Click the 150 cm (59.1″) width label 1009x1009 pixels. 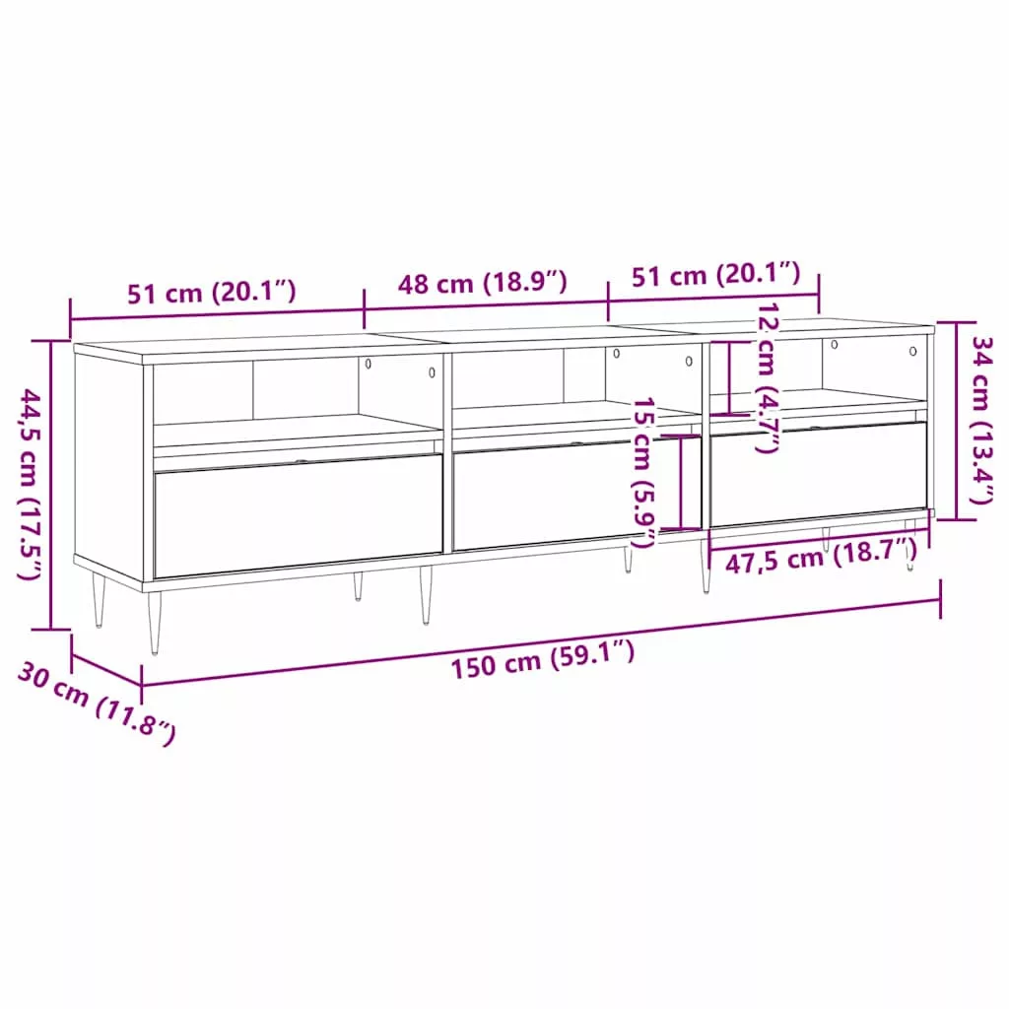543,659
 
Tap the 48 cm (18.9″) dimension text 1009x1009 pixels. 482,283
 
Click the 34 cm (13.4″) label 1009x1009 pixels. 982,420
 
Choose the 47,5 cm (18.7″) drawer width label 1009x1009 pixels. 821,557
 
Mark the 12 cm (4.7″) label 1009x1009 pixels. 767,377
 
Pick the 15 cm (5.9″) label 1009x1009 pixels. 643,472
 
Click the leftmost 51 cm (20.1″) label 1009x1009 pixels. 211,293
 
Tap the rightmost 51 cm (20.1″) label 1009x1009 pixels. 715,275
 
